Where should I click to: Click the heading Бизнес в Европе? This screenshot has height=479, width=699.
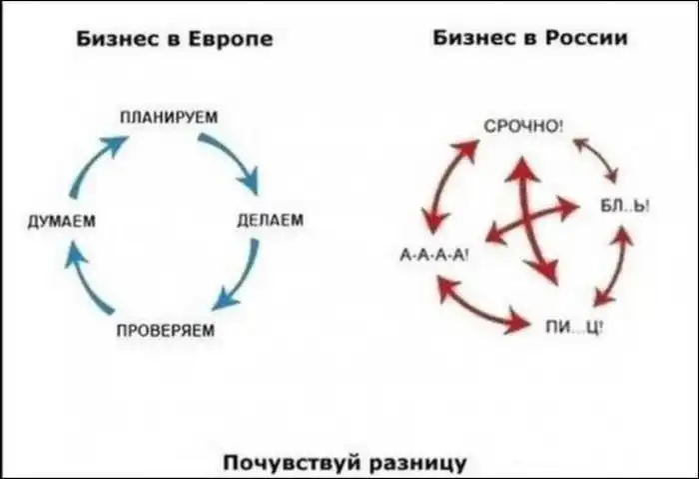tap(175, 39)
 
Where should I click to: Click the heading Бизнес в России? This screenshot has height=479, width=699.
tap(530, 37)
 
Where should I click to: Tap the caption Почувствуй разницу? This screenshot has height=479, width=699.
tap(345, 462)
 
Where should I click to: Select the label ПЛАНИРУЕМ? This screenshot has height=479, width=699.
tap(169, 117)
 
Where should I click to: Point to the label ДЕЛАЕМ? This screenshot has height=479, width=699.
tap(271, 220)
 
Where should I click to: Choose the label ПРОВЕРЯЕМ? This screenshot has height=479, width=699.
tap(166, 330)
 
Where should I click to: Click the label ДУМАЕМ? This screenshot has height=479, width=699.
tap(62, 221)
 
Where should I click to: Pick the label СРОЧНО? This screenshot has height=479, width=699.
tap(524, 127)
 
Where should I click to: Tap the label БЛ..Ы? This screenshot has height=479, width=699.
tap(625, 206)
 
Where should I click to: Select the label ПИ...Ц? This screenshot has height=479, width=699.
tap(574, 327)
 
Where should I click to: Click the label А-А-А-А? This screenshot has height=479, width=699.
tap(433, 255)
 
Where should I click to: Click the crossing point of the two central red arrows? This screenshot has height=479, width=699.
tap(529, 220)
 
